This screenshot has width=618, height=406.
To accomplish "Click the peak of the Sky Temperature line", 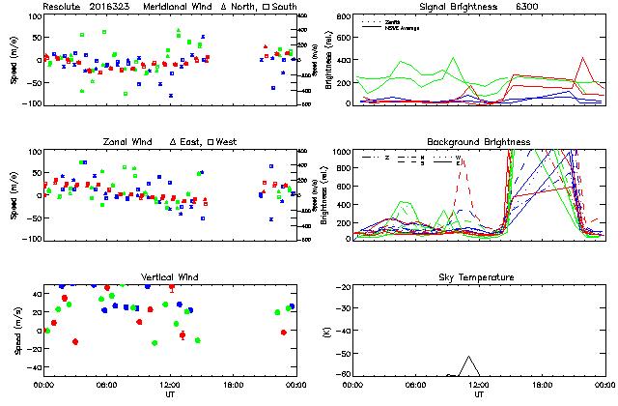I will [x=469, y=357].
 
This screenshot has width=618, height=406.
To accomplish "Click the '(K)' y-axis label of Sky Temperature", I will [x=335, y=331].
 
